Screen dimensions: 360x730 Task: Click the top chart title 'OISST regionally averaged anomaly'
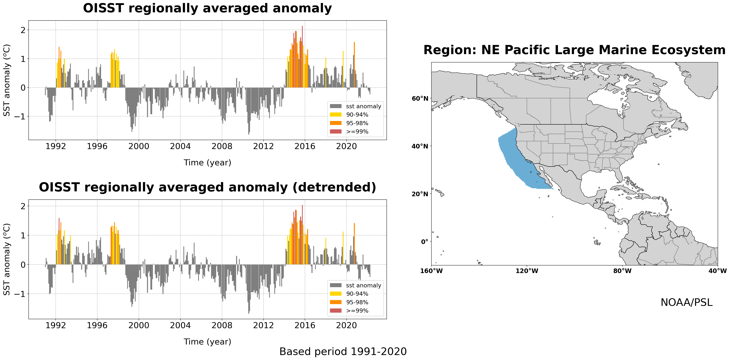pyautogui.click(x=207, y=8)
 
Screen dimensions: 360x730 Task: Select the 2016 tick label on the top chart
pyautogui.click(x=305, y=146)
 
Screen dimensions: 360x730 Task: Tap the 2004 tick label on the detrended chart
pyautogui.click(x=180, y=325)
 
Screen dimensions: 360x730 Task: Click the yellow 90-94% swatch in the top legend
pyautogui.click(x=336, y=114)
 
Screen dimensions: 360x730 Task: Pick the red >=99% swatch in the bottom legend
pyautogui.click(x=336, y=311)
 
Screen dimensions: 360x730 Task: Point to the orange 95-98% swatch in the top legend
pyautogui.click(x=336, y=123)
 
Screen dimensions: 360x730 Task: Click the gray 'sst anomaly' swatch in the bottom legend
pyautogui.click(x=336, y=285)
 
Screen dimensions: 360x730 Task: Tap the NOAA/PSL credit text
pyautogui.click(x=686, y=302)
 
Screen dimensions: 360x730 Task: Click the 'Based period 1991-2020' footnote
pyautogui.click(x=343, y=351)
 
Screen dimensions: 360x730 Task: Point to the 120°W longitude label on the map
pyautogui.click(x=527, y=271)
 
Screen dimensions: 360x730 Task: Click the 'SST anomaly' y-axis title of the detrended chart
pyautogui.click(x=7, y=259)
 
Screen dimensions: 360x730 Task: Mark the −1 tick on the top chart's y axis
pyautogui.click(x=20, y=116)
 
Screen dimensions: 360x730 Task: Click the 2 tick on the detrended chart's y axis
pyautogui.click(x=23, y=206)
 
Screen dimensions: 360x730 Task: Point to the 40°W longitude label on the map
pyautogui.click(x=717, y=271)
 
